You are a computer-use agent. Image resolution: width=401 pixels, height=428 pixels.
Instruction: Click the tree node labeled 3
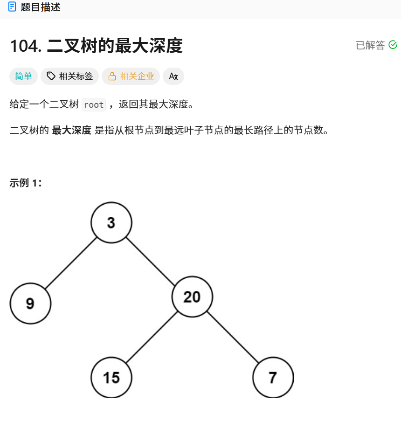click(111, 223)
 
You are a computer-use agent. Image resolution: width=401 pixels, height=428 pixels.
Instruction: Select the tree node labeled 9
click(30, 304)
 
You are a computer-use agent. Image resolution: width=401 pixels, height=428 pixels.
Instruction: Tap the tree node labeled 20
click(192, 297)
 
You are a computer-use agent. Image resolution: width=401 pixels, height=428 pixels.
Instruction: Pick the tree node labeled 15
click(111, 377)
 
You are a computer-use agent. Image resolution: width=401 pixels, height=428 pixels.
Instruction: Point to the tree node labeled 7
click(273, 377)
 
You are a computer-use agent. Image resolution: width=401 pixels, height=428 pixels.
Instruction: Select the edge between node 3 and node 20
click(152, 260)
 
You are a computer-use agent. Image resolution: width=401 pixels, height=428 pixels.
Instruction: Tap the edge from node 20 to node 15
click(152, 337)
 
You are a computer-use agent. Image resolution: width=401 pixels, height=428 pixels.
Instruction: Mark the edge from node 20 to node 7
click(233, 337)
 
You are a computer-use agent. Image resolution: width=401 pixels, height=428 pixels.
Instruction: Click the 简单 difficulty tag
click(23, 76)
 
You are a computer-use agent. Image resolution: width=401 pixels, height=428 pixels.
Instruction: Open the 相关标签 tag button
click(69, 76)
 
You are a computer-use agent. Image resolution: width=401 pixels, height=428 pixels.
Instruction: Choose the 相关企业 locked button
click(131, 76)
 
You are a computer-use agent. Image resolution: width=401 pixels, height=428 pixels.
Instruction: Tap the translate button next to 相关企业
click(173, 76)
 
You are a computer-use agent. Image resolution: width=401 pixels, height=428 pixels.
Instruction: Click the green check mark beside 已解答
click(393, 45)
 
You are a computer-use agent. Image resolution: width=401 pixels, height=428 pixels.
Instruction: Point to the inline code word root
click(94, 104)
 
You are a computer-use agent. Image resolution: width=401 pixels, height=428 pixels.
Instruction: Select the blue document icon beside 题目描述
click(12, 7)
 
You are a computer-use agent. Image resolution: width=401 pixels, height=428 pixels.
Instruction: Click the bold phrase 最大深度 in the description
click(71, 130)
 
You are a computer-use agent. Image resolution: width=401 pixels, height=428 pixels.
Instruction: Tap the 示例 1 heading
click(26, 183)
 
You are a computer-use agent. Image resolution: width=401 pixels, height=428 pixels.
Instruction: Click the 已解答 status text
click(370, 45)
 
